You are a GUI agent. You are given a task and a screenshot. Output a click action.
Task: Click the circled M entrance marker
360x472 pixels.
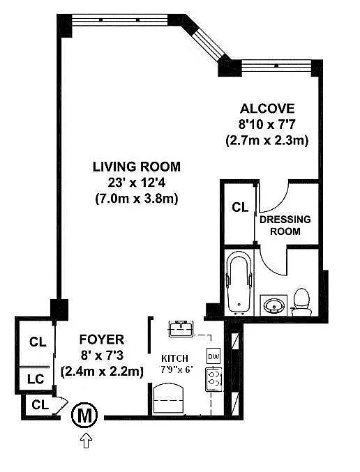(84, 416)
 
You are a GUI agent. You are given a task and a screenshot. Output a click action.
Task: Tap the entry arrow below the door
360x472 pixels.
(87, 441)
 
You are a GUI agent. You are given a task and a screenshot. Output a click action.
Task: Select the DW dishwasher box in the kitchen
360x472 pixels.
(213, 356)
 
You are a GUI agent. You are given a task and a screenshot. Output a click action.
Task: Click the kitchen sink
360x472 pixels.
(181, 328)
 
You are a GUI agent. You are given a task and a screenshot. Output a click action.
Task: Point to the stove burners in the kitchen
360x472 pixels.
(213, 379)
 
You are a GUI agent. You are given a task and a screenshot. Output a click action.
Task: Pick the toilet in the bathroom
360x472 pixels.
(301, 302)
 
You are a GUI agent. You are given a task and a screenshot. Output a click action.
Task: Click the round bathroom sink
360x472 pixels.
(273, 305)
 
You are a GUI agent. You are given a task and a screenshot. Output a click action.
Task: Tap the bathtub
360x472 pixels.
(239, 282)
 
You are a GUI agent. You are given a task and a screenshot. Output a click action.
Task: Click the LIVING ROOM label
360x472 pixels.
(137, 167)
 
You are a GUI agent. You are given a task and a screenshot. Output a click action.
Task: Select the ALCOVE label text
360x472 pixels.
(267, 108)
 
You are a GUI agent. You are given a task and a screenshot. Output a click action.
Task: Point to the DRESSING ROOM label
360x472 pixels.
(285, 225)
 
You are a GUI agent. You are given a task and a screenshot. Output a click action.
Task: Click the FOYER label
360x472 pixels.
(102, 340)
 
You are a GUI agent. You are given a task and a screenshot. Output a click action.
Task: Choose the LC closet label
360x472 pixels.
(36, 379)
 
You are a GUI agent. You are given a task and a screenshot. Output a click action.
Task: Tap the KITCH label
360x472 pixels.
(174, 358)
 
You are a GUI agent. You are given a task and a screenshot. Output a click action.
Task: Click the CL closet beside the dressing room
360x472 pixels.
(240, 207)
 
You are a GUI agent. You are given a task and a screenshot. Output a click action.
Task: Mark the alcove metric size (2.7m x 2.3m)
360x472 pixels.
(267, 140)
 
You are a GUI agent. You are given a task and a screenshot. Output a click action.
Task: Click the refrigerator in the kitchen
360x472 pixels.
(168, 399)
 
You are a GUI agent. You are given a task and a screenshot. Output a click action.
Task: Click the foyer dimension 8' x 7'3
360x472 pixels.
(102, 356)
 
